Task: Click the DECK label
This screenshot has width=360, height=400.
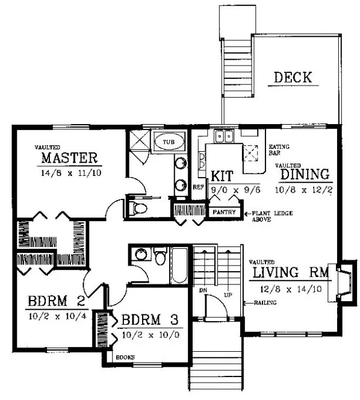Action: [x=293, y=78]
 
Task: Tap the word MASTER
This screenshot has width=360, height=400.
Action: [x=69, y=158]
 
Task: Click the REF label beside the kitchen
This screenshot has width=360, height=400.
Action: [x=198, y=187]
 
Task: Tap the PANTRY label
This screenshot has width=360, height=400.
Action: [x=224, y=213]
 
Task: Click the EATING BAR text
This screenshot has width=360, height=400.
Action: [x=276, y=150]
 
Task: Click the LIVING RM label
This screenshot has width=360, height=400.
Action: [x=290, y=273]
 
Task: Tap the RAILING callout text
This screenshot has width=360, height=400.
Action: [x=265, y=302]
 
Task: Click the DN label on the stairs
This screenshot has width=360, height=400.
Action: [x=203, y=290]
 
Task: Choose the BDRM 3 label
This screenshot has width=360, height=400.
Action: [x=150, y=320]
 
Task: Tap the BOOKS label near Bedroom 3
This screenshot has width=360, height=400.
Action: [x=127, y=357]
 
